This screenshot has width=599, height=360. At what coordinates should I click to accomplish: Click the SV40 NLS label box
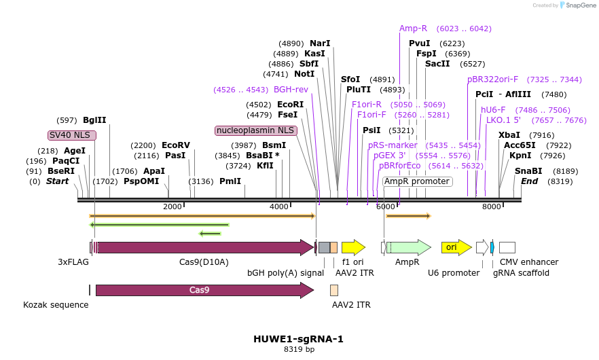pyautogui.click(x=72, y=135)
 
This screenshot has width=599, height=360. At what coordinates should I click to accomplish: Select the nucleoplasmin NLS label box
pyautogui.click(x=256, y=130)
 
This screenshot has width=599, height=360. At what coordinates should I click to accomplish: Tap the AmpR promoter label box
pyautogui.click(x=417, y=181)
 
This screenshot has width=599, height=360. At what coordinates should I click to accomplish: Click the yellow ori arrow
pyautogui.click(x=456, y=247)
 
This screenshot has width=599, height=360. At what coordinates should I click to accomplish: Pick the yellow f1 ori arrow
pyautogui.click(x=353, y=247)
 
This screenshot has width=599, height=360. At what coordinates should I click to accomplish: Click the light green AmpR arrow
pyautogui.click(x=409, y=247)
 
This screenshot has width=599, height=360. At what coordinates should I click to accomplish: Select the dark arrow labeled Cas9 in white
pyautogui.click(x=205, y=290)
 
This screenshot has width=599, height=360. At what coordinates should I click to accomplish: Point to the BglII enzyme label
pyautogui.click(x=94, y=120)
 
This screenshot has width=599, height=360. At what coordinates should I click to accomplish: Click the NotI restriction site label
pyautogui.click(x=304, y=74)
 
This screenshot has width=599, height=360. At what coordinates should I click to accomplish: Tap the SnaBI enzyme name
pyautogui.click(x=528, y=170)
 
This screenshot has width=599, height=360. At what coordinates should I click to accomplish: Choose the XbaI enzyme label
pyautogui.click(x=509, y=135)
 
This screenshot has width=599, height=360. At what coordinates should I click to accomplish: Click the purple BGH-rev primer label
pyautogui.click(x=291, y=90)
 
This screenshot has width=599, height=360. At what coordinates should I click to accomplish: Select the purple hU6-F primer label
pyautogui.click(x=493, y=110)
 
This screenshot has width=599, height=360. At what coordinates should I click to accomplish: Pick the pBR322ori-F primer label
pyautogui.click(x=492, y=79)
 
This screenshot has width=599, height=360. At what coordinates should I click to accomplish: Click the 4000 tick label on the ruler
pyautogui.click(x=279, y=206)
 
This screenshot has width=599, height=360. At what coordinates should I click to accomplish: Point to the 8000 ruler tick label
pyautogui.click(x=491, y=206)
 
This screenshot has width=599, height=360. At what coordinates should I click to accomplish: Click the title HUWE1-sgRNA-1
pyautogui.click(x=298, y=339)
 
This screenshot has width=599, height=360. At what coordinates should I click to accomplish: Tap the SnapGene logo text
pyautogui.click(x=581, y=5)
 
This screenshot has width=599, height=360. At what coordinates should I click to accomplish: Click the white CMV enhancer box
pyautogui.click(x=507, y=247)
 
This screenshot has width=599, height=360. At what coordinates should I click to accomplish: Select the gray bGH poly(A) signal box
pyautogui.click(x=325, y=247)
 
